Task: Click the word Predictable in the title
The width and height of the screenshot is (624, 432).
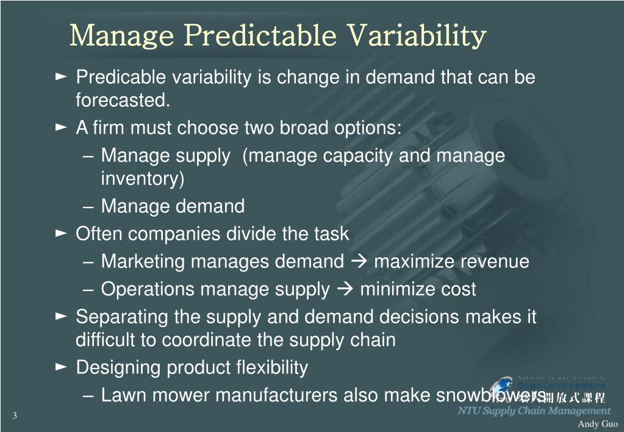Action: tap(260, 35)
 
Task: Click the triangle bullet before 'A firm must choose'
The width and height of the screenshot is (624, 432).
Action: tap(61, 128)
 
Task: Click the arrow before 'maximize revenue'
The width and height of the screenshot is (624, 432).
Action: tap(359, 262)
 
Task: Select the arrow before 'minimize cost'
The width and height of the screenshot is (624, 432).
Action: tap(345, 289)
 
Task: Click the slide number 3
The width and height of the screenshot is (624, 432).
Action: tap(14, 416)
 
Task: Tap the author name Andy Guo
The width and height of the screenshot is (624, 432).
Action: tap(598, 424)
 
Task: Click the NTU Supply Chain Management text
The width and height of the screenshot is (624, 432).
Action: tap(534, 411)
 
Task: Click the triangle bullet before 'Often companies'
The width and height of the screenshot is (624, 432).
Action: tap(61, 233)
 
